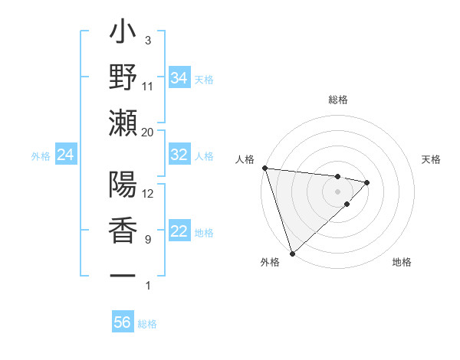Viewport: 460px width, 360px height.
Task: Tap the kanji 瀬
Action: (x=123, y=123)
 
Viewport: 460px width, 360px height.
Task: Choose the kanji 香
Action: (x=123, y=231)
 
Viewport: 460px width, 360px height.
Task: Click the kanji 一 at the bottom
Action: (x=123, y=275)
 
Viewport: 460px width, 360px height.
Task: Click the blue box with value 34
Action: (x=179, y=77)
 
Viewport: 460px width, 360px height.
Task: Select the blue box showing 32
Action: (x=179, y=155)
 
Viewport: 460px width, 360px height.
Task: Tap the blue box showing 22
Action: (x=179, y=231)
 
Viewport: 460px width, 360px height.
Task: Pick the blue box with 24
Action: (x=65, y=155)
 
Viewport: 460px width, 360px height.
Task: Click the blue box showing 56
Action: (x=122, y=322)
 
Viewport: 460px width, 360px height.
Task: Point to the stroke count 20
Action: (x=147, y=132)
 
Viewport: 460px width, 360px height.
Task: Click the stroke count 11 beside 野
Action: (x=147, y=86)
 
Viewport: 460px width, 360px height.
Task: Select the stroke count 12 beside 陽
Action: (x=147, y=193)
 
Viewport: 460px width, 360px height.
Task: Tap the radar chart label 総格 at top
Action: (x=338, y=100)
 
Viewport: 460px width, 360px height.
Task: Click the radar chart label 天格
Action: (x=432, y=159)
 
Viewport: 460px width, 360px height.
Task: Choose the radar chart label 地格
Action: (x=402, y=263)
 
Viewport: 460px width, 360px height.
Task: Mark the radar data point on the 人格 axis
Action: (x=264, y=168)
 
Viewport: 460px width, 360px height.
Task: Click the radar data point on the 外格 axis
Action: (x=293, y=252)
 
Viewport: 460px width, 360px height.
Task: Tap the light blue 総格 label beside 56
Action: (x=147, y=324)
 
